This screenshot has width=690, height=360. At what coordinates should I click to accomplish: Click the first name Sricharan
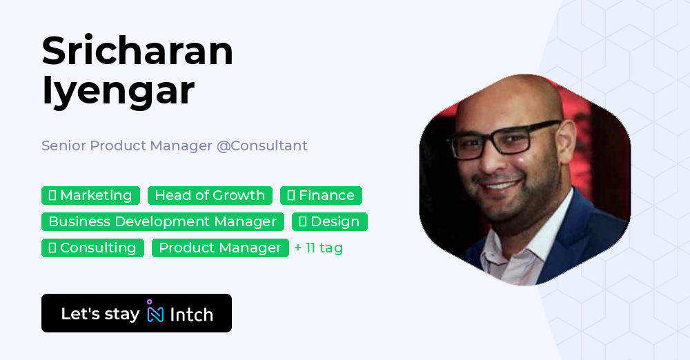137,51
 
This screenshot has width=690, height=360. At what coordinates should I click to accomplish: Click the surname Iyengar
118,90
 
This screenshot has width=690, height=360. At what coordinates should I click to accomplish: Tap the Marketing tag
90,196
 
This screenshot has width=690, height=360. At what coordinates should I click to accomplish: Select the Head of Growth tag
210,196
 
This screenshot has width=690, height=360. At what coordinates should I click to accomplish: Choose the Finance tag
321,196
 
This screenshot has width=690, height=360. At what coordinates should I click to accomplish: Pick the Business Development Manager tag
162,222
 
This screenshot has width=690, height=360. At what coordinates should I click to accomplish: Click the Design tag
329,222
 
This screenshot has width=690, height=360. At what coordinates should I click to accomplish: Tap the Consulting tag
92,248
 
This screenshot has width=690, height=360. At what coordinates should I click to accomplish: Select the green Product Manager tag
220,248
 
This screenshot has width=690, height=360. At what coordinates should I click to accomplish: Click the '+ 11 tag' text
318,248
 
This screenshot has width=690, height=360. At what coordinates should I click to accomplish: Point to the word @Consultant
262,146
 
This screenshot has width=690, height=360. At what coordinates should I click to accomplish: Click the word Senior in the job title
63,146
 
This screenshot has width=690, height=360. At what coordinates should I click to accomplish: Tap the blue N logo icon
155,314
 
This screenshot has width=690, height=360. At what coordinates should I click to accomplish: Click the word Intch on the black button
191,314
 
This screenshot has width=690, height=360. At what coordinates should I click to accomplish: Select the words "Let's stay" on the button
100,314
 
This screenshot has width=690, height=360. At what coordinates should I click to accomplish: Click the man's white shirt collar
544,234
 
